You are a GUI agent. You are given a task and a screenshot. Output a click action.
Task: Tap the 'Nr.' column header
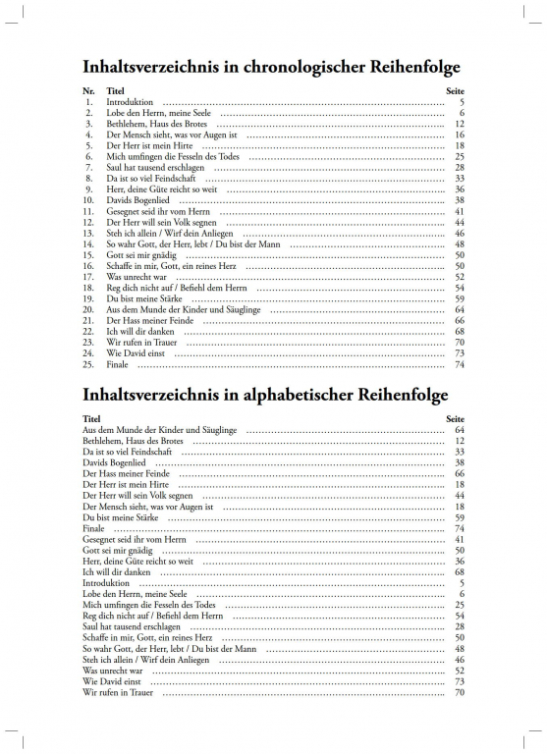click(88, 89)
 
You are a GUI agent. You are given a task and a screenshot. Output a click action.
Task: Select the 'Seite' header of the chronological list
click(455, 89)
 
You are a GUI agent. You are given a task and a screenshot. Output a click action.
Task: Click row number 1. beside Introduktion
click(89, 102)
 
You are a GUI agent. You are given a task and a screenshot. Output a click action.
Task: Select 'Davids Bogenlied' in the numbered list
click(137, 200)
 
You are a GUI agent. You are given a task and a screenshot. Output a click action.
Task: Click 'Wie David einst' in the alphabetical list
click(111, 680)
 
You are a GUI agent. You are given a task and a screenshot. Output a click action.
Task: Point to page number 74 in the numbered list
click(460, 364)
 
